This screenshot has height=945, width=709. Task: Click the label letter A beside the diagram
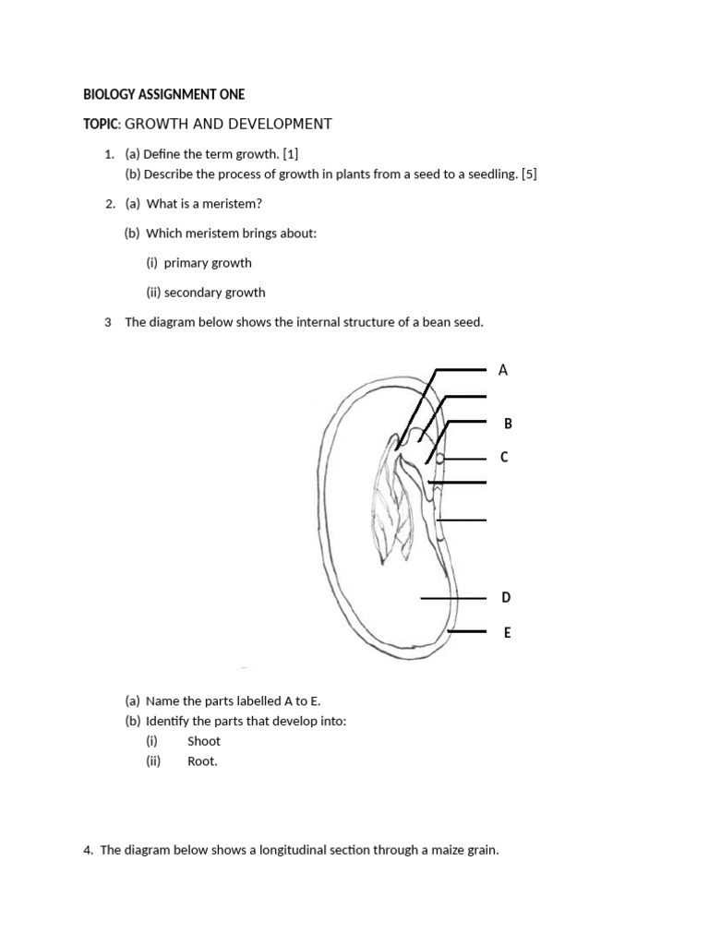tap(503, 370)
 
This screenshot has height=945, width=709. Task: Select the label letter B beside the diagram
tap(507, 424)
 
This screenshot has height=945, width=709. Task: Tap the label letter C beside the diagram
tap(503, 458)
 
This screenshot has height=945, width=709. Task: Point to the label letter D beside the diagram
tap(506, 598)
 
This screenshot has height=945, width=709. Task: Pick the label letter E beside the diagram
tap(507, 633)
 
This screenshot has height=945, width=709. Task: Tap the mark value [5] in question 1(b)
tap(529, 173)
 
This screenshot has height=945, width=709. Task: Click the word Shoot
tap(204, 741)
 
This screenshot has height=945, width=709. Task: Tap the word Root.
tap(202, 761)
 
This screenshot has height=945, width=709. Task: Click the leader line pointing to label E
tap(467, 632)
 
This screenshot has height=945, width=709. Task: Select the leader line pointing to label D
tap(452, 598)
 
